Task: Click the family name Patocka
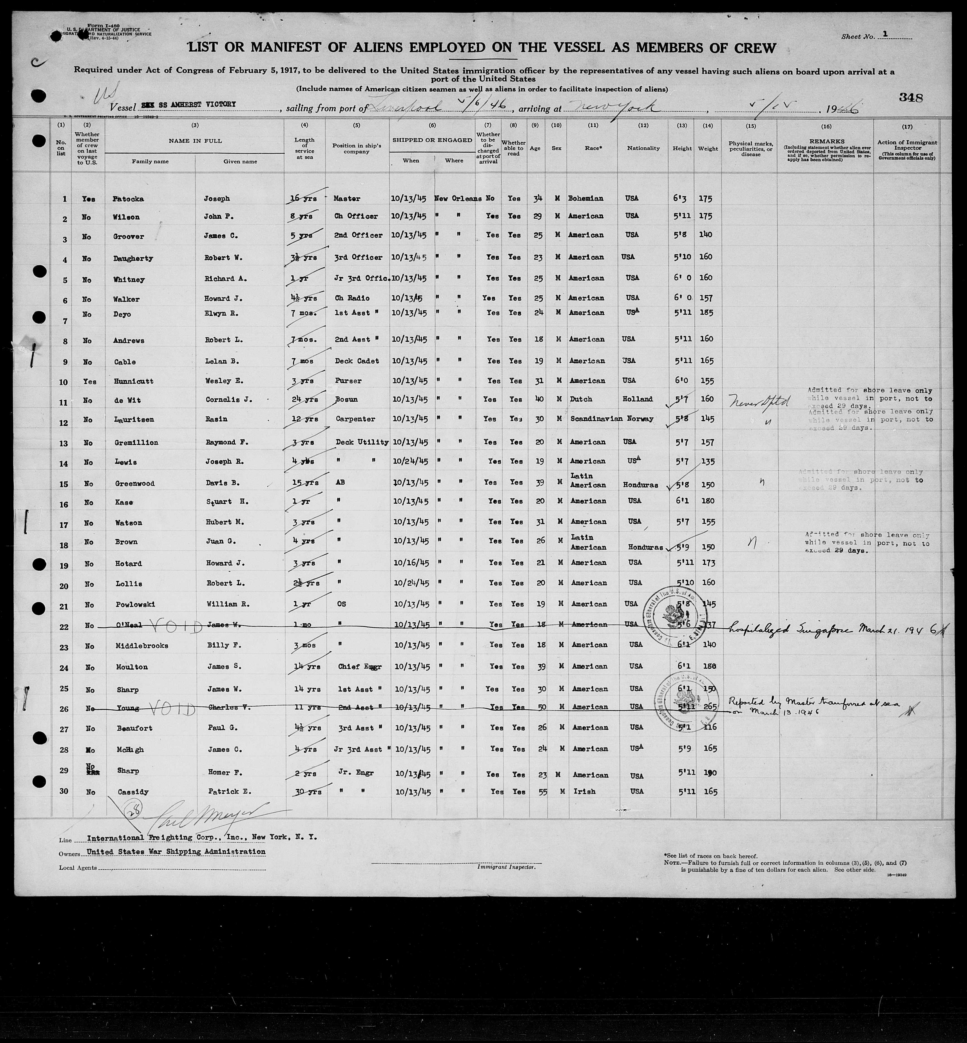(x=128, y=199)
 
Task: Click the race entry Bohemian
(x=586, y=198)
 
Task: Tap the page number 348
(x=910, y=97)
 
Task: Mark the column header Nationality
(x=643, y=148)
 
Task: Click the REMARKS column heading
(x=827, y=141)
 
